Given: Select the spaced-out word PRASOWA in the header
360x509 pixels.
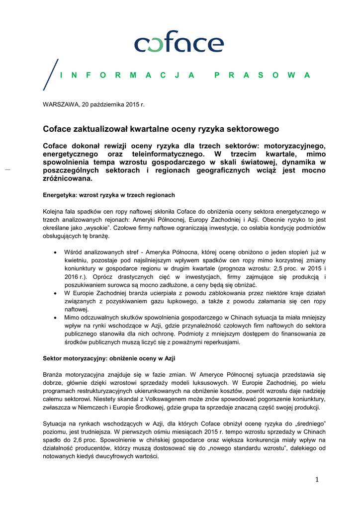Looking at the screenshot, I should point(262,76).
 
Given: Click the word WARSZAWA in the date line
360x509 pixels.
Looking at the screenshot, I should point(59,104).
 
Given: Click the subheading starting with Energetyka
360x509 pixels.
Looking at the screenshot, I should point(109,194).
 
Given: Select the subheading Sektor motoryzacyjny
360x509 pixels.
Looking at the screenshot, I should point(109,358).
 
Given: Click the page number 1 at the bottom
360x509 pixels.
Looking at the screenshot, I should point(316,479).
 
